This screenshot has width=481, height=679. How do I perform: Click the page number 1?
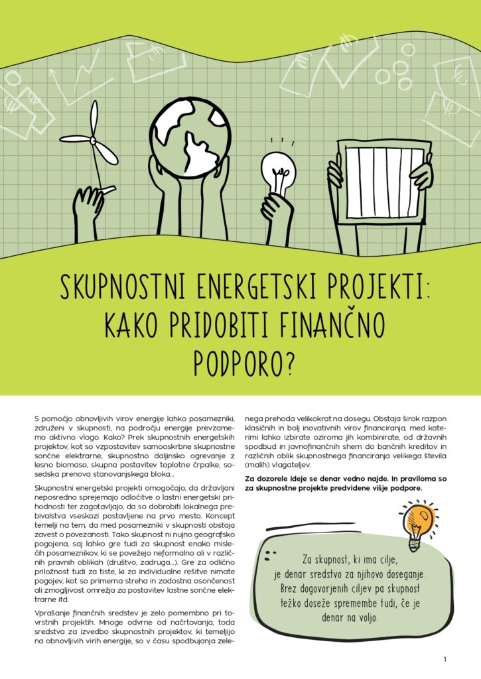[445, 659]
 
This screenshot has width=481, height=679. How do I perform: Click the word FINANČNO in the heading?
[334, 324]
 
